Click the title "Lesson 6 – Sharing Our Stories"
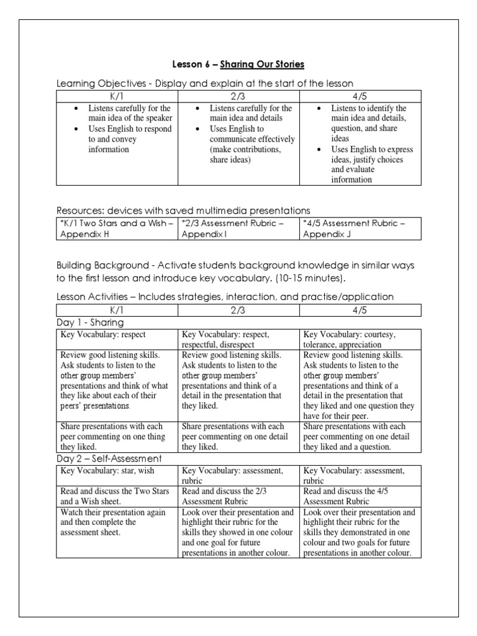click(x=238, y=65)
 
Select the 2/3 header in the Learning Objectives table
click(x=238, y=96)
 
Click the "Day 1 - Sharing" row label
click(x=90, y=322)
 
